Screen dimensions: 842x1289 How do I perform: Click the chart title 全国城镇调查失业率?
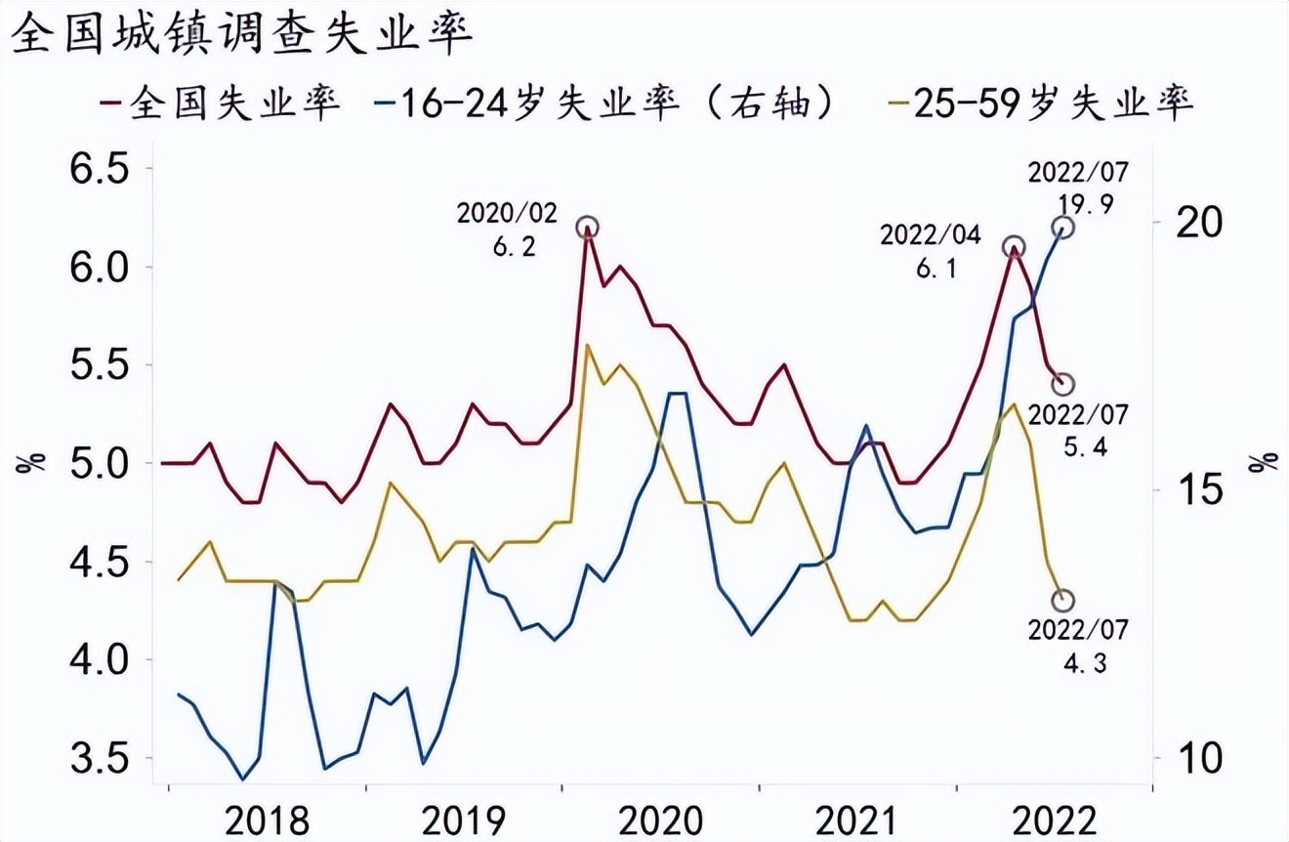click(x=241, y=36)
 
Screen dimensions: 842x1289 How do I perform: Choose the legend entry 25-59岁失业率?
click(x=1041, y=102)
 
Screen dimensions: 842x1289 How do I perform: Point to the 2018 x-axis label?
click(x=268, y=819)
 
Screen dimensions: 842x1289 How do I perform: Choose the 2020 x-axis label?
click(x=661, y=819)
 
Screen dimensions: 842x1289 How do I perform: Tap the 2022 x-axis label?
click(x=1055, y=819)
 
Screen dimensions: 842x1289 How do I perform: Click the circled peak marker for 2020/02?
click(x=586, y=228)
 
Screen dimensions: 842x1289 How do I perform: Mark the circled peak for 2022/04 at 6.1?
click(x=1015, y=247)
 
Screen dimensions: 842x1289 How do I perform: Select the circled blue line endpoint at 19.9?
click(x=1064, y=228)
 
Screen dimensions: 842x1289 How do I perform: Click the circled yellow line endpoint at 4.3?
click(x=1064, y=600)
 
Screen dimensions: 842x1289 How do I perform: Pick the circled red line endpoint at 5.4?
click(x=1064, y=384)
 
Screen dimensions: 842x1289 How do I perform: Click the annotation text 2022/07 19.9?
click(x=1078, y=189)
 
